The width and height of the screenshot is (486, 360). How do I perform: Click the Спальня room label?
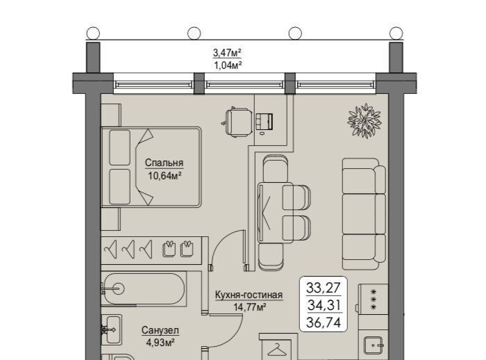pos(164,163)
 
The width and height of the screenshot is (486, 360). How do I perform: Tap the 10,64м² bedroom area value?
pos(165,176)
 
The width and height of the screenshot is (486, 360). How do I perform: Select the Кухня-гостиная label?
pos(249,295)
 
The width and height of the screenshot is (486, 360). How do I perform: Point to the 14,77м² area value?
pos(250,307)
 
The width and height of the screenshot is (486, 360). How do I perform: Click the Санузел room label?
pos(160,330)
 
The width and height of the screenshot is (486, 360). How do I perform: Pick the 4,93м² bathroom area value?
pos(160,343)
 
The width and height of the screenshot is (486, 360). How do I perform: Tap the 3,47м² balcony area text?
pos(227,53)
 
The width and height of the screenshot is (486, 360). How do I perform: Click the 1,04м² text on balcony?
pos(227,65)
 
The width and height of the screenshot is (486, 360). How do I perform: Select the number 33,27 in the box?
pos(324,288)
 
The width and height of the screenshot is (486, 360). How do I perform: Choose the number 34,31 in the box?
pos(324,305)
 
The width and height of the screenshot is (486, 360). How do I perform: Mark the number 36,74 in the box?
pos(324,322)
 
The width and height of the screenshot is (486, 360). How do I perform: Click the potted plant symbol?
pos(364,121)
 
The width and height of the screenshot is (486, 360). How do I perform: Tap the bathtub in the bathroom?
pos(144,289)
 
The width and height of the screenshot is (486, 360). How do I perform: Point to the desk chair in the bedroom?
pos(238,122)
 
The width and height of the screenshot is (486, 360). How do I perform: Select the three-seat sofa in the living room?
pos(364,214)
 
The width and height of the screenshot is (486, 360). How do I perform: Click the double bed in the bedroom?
pos(151,167)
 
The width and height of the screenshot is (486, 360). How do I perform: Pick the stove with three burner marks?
pos(374,299)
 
